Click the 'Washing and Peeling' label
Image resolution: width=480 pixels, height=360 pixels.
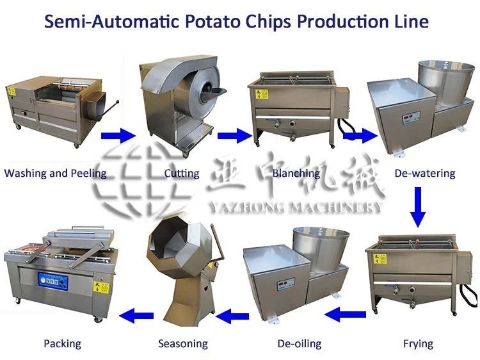[x=55, y=173]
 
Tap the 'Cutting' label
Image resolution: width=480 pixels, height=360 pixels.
[x=181, y=173]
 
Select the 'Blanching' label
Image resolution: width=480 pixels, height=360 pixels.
[x=295, y=173]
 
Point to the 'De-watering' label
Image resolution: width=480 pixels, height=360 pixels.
[x=424, y=173]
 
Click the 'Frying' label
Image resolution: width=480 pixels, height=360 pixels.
[x=418, y=344]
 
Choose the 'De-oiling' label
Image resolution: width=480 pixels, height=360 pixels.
[x=299, y=344]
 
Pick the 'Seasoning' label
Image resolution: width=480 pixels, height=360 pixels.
[x=182, y=344]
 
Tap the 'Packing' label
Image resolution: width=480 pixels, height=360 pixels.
[x=62, y=344]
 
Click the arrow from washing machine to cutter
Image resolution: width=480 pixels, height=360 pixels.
[x=118, y=135]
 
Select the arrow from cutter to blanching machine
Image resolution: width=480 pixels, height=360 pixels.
[x=234, y=135]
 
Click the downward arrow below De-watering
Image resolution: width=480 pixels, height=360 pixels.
[x=418, y=206]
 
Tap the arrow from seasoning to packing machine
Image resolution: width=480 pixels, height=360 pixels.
[x=138, y=315]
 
